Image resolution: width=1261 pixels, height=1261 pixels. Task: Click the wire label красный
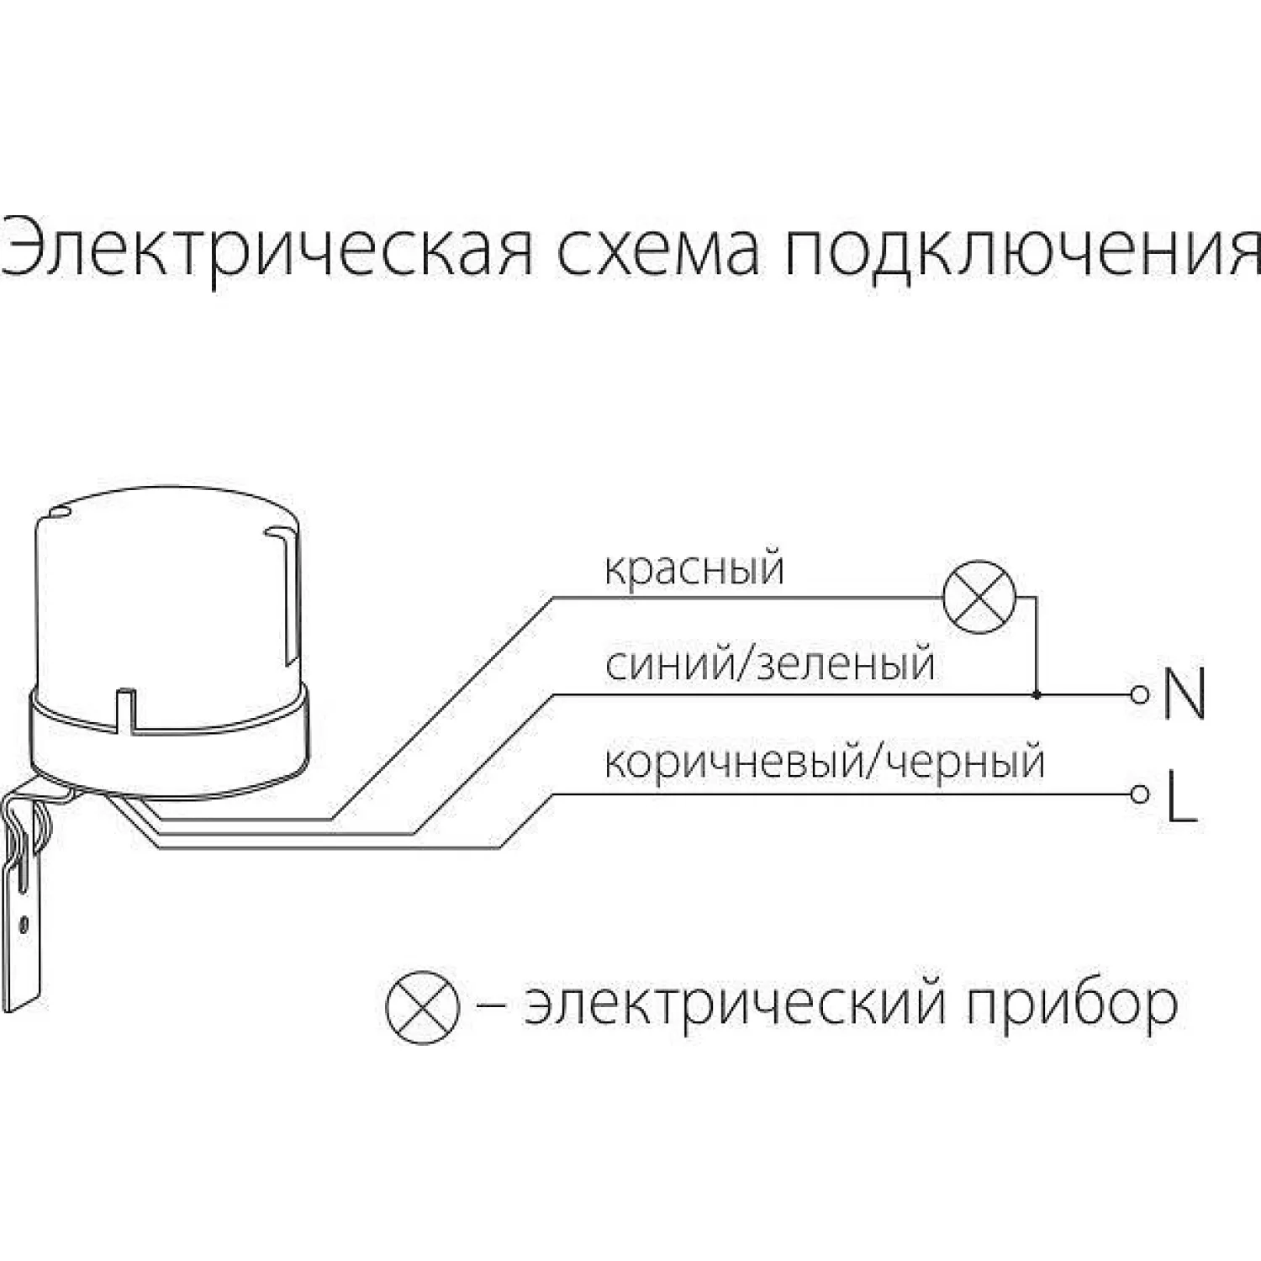point(694,569)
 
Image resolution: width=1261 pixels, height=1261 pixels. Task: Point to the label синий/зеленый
point(769,664)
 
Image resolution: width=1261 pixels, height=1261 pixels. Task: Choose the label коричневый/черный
point(824,762)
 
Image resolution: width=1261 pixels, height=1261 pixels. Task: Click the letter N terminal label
point(1184,694)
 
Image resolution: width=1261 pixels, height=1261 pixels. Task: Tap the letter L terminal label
point(1181,794)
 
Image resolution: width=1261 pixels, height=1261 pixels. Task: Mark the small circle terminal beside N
point(1139,694)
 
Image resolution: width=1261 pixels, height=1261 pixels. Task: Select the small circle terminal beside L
point(1139,794)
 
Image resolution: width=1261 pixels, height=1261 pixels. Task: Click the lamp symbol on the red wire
point(979,598)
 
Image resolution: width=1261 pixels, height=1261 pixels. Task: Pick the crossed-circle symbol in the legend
point(422,1007)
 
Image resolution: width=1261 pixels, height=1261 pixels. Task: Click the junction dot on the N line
point(1036,695)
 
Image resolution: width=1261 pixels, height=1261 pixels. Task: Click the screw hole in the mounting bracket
point(24,925)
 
